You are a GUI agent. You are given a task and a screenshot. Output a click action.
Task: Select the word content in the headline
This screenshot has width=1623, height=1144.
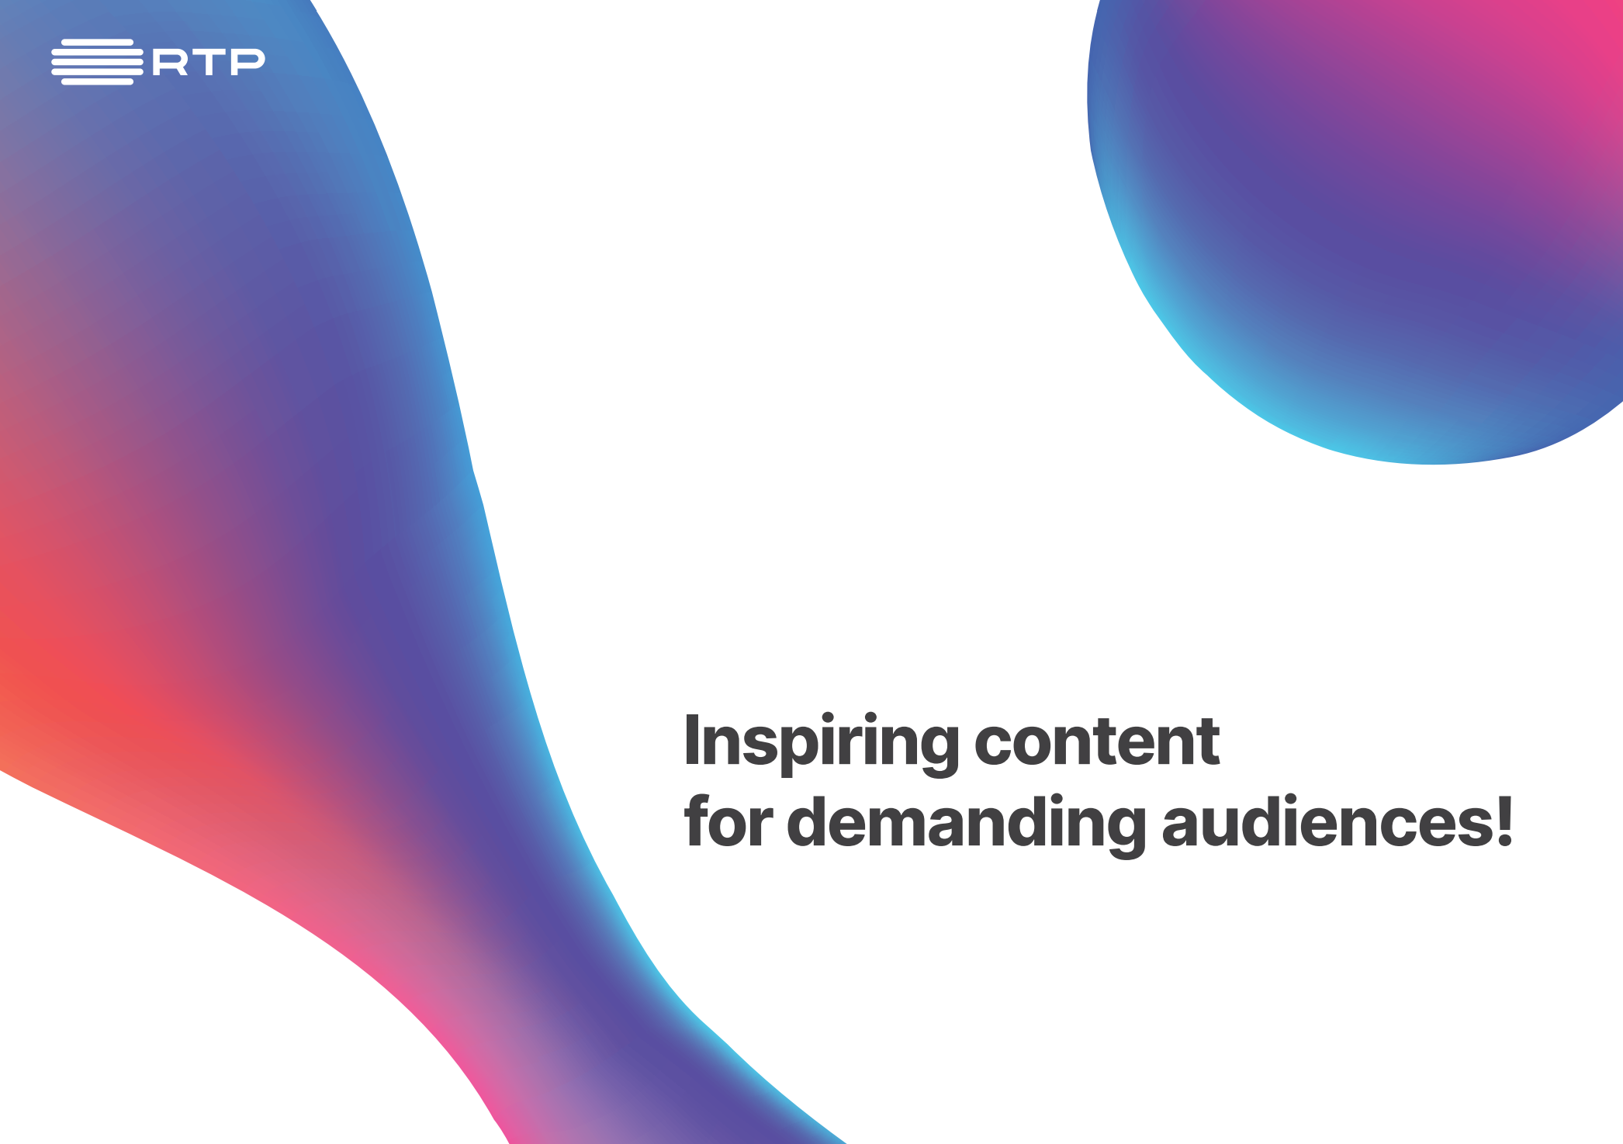(1096, 741)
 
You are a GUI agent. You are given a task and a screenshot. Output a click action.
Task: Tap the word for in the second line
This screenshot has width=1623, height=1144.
(728, 820)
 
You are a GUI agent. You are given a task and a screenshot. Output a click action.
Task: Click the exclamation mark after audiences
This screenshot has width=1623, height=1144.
(1504, 821)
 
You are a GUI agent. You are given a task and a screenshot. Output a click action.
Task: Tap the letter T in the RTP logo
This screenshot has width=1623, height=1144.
(209, 62)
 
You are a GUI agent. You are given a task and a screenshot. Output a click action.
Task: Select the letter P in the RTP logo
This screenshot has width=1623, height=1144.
(247, 62)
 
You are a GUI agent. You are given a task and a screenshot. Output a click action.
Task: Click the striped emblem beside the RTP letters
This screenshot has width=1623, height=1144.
(97, 61)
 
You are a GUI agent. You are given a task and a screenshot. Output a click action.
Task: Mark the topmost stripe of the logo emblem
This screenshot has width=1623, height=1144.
(97, 42)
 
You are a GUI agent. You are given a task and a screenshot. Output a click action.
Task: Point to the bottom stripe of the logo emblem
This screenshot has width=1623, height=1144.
(97, 81)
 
